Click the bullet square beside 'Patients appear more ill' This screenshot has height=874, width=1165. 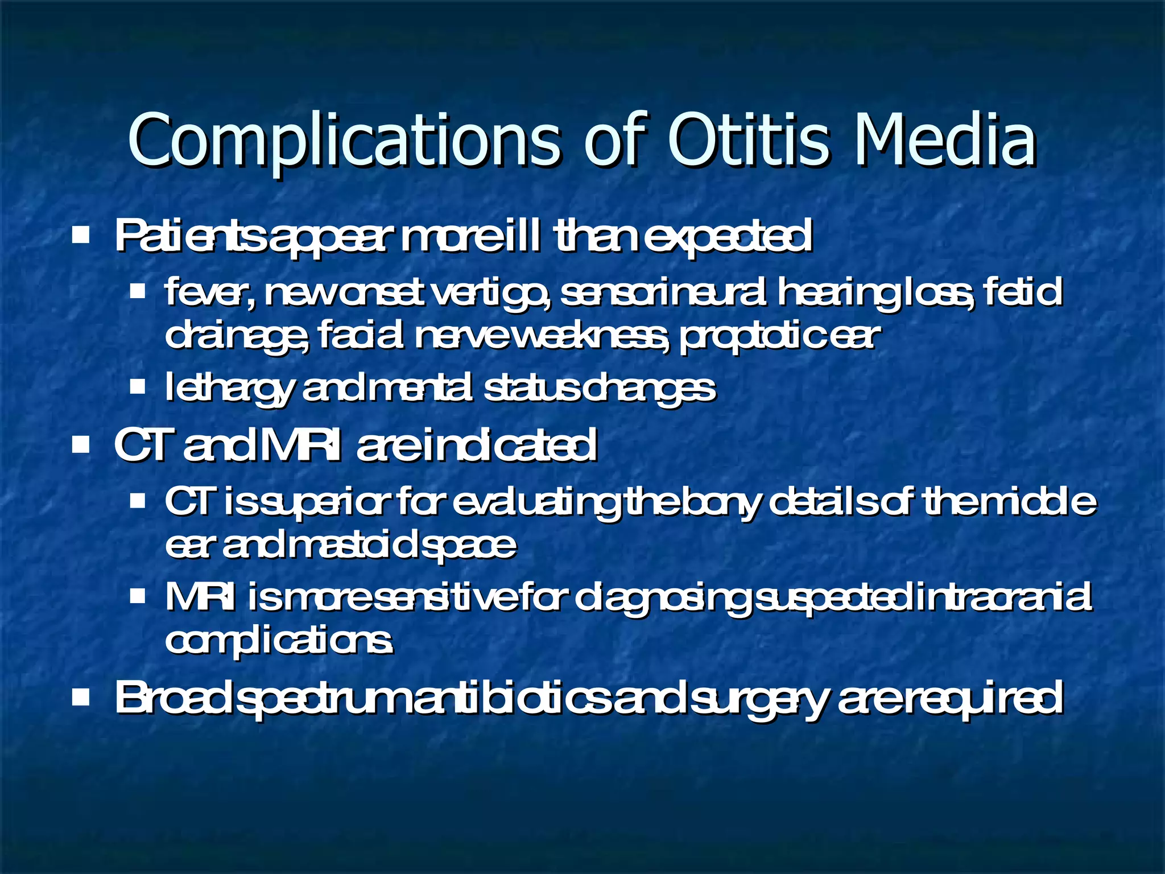coord(81,234)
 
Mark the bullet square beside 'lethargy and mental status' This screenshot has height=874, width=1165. coord(138,387)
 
